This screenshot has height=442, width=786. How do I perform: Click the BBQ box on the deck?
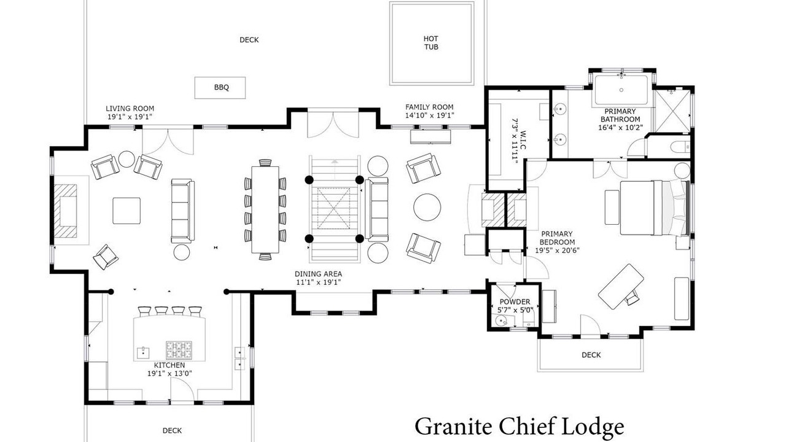(220, 88)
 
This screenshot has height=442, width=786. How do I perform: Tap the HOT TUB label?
(431, 43)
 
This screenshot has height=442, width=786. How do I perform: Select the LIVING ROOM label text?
(130, 109)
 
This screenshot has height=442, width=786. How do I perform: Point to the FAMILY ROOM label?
(429, 107)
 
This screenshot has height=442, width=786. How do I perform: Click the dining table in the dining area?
(265, 209)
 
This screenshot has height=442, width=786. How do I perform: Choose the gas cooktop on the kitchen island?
(179, 350)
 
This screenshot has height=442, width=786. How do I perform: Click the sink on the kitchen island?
(143, 352)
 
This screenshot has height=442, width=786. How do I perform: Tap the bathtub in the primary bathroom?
(621, 90)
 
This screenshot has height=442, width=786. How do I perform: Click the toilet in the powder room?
(527, 320)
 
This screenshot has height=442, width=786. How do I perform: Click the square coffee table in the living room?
(126, 211)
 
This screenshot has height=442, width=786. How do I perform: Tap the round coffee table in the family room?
(427, 207)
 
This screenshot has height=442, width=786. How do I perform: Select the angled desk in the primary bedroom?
(621, 287)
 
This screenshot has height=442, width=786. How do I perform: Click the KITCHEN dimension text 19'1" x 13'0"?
(169, 373)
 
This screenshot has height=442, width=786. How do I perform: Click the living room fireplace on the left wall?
(65, 211)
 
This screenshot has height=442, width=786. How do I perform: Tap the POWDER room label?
(515, 301)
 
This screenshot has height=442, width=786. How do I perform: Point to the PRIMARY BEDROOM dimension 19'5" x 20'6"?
(557, 250)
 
